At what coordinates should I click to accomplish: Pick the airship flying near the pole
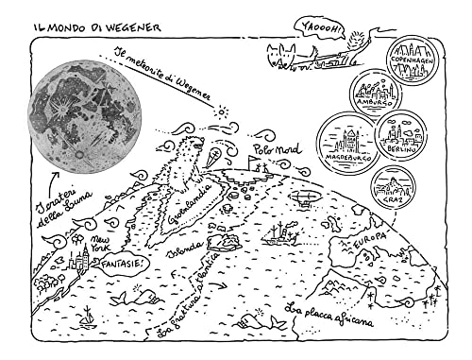coord(304,199)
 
